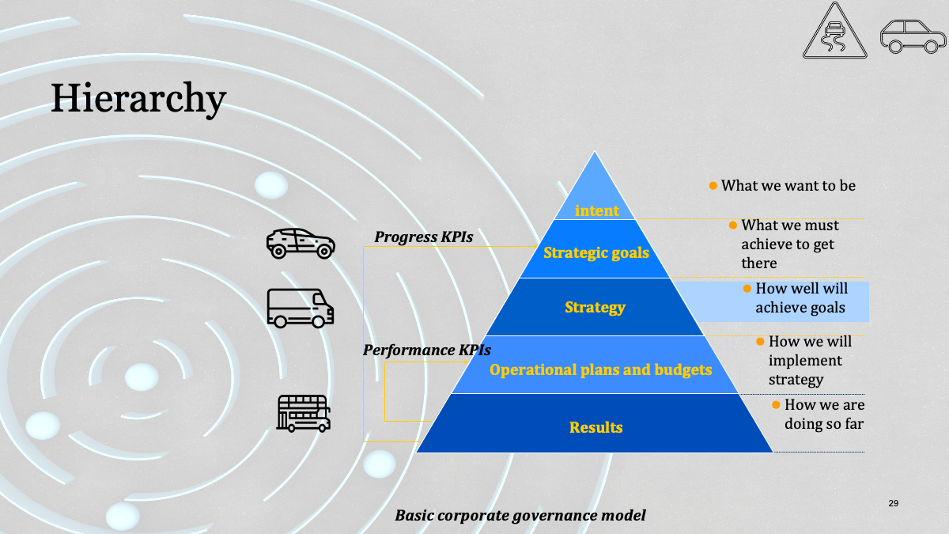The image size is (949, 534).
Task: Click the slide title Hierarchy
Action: [138, 99]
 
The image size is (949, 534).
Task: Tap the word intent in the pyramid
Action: [596, 210]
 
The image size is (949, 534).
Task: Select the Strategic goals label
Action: [596, 252]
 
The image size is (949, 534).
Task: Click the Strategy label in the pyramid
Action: [595, 307]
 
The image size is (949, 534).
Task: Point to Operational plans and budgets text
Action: [600, 370]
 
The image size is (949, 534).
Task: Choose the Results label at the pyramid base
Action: [595, 427]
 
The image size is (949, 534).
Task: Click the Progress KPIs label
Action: [423, 237]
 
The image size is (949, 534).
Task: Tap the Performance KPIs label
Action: [426, 350]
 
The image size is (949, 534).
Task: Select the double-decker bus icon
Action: [304, 414]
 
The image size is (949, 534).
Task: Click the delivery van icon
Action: [301, 309]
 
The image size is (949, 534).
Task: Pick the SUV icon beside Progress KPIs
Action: [301, 244]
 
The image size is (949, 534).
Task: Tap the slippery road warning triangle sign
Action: [834, 31]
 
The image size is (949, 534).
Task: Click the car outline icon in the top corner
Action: [913, 36]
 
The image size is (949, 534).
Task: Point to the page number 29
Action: [894, 503]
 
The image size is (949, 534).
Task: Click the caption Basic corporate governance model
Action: [520, 516]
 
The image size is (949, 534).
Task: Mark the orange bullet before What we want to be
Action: [713, 186]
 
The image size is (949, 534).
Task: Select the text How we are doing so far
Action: [824, 414]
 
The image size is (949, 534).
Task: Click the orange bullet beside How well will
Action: [747, 289]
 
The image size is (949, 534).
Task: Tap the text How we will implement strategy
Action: [810, 360]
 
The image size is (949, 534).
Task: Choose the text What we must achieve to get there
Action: [790, 244]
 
